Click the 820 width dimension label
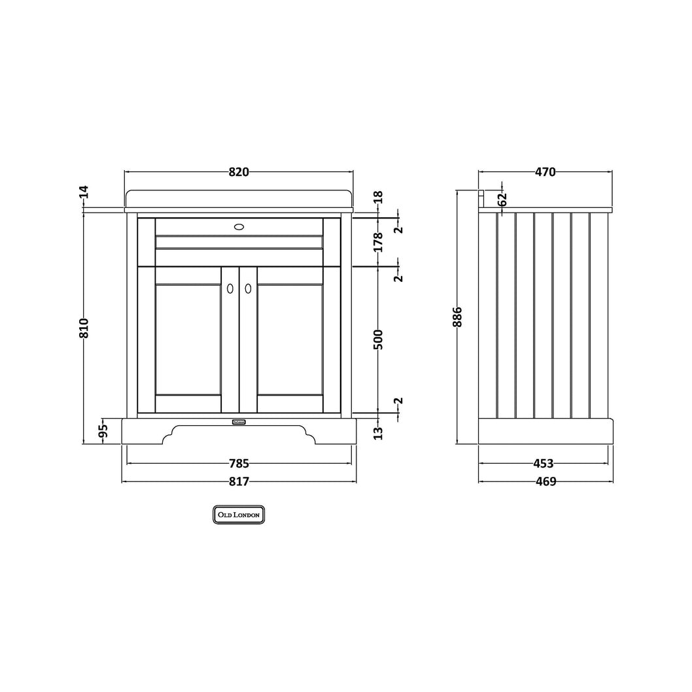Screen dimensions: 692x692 [239, 172]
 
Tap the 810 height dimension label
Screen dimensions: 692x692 [84, 328]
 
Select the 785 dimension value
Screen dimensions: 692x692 [239, 464]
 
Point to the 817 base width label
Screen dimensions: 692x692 [239, 482]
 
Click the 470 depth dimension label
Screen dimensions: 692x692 [545, 172]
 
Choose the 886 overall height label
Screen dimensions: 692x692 [457, 317]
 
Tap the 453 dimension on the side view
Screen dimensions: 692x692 [544, 464]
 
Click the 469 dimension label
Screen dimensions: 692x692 [546, 482]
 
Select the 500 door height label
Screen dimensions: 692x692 [378, 339]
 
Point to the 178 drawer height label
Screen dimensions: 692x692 [378, 242]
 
